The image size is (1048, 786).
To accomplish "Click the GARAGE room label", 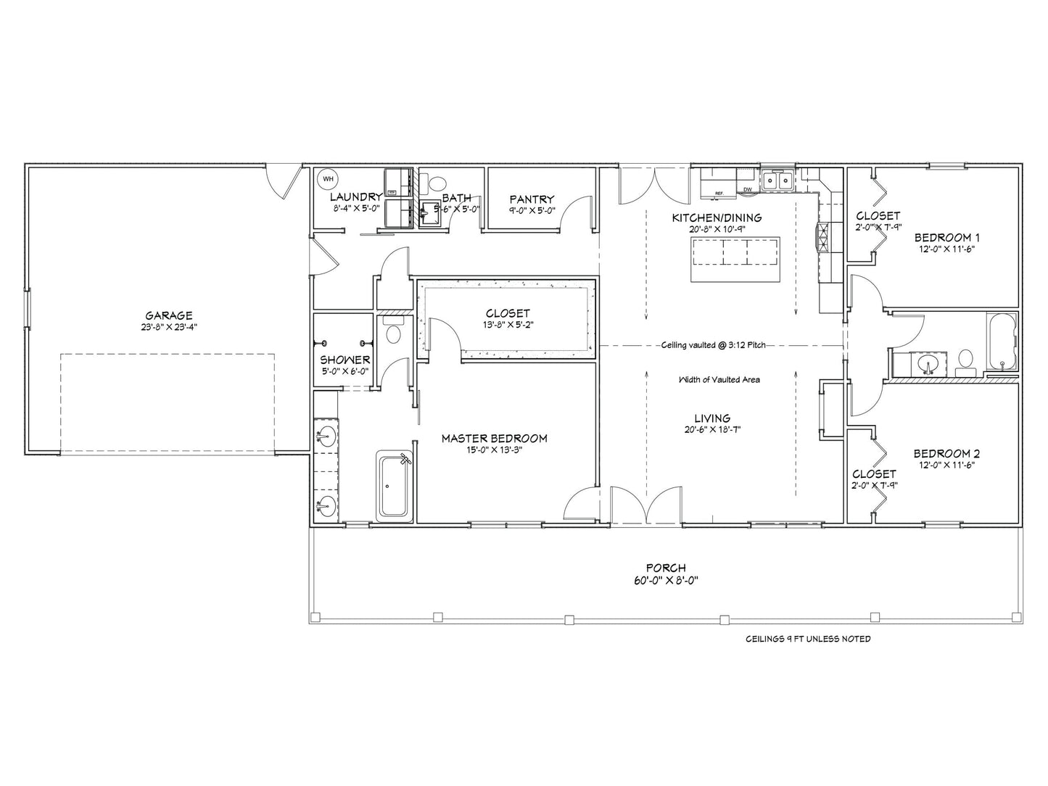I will [x=169, y=315].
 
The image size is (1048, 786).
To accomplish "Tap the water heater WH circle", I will [x=327, y=178].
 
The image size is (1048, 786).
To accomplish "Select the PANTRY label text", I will [x=532, y=199].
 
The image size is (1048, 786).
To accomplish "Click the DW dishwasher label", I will [x=747, y=191].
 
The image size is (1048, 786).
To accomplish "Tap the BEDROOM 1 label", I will [x=947, y=237].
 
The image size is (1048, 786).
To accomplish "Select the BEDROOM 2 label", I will [x=947, y=454].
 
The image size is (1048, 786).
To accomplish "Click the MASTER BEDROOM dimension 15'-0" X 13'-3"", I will [x=494, y=450].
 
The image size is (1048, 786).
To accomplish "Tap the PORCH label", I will [x=666, y=568].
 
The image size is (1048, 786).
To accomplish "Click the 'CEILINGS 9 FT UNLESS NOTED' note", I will [x=808, y=639].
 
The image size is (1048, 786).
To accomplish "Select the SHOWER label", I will [x=345, y=360].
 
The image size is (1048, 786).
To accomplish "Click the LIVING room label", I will [x=711, y=418].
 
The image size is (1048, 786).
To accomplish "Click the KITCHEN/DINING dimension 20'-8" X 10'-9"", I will [x=716, y=229].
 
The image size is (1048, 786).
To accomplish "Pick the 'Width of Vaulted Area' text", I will [x=719, y=379].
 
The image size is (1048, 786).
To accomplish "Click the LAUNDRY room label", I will [x=355, y=196].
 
